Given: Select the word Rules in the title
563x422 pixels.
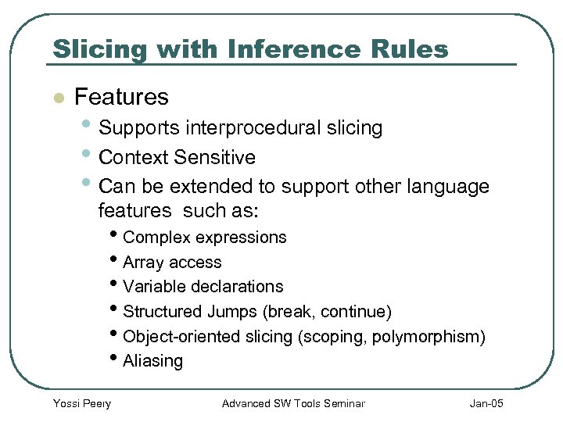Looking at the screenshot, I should click(410, 49).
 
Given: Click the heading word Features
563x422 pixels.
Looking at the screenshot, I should click(121, 97).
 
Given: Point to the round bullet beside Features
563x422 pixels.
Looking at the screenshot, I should click(56, 98).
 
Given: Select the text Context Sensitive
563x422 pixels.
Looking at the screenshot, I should click(178, 157).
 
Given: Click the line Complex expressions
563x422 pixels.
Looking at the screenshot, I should click(205, 237).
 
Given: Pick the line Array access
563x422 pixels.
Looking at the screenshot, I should click(172, 263).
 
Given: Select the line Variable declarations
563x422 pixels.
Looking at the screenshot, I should click(203, 287).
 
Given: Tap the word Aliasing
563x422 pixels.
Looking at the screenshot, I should click(153, 361).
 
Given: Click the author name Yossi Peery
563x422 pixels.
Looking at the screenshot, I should click(81, 403).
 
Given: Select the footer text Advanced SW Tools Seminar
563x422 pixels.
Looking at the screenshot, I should click(293, 403).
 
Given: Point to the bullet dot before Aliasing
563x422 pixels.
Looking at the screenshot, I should click(117, 360).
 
